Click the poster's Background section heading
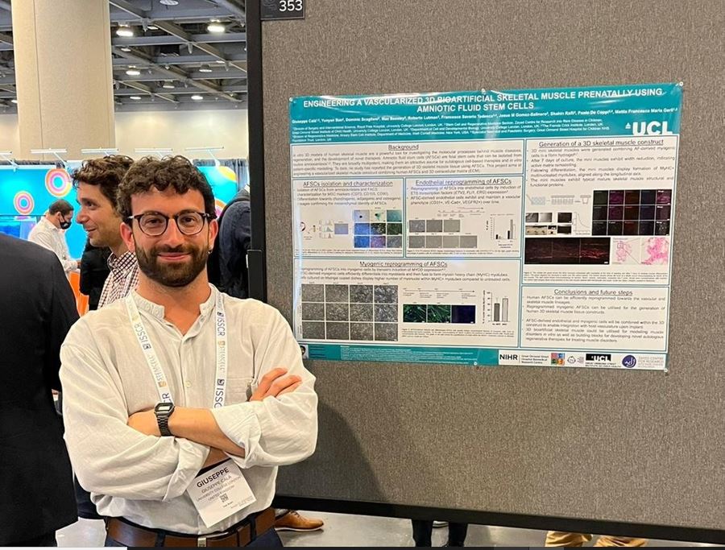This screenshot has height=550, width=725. pos(402,147)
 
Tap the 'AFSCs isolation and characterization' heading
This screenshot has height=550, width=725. pos(347,183)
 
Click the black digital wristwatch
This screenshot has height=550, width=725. pos(164,417)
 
